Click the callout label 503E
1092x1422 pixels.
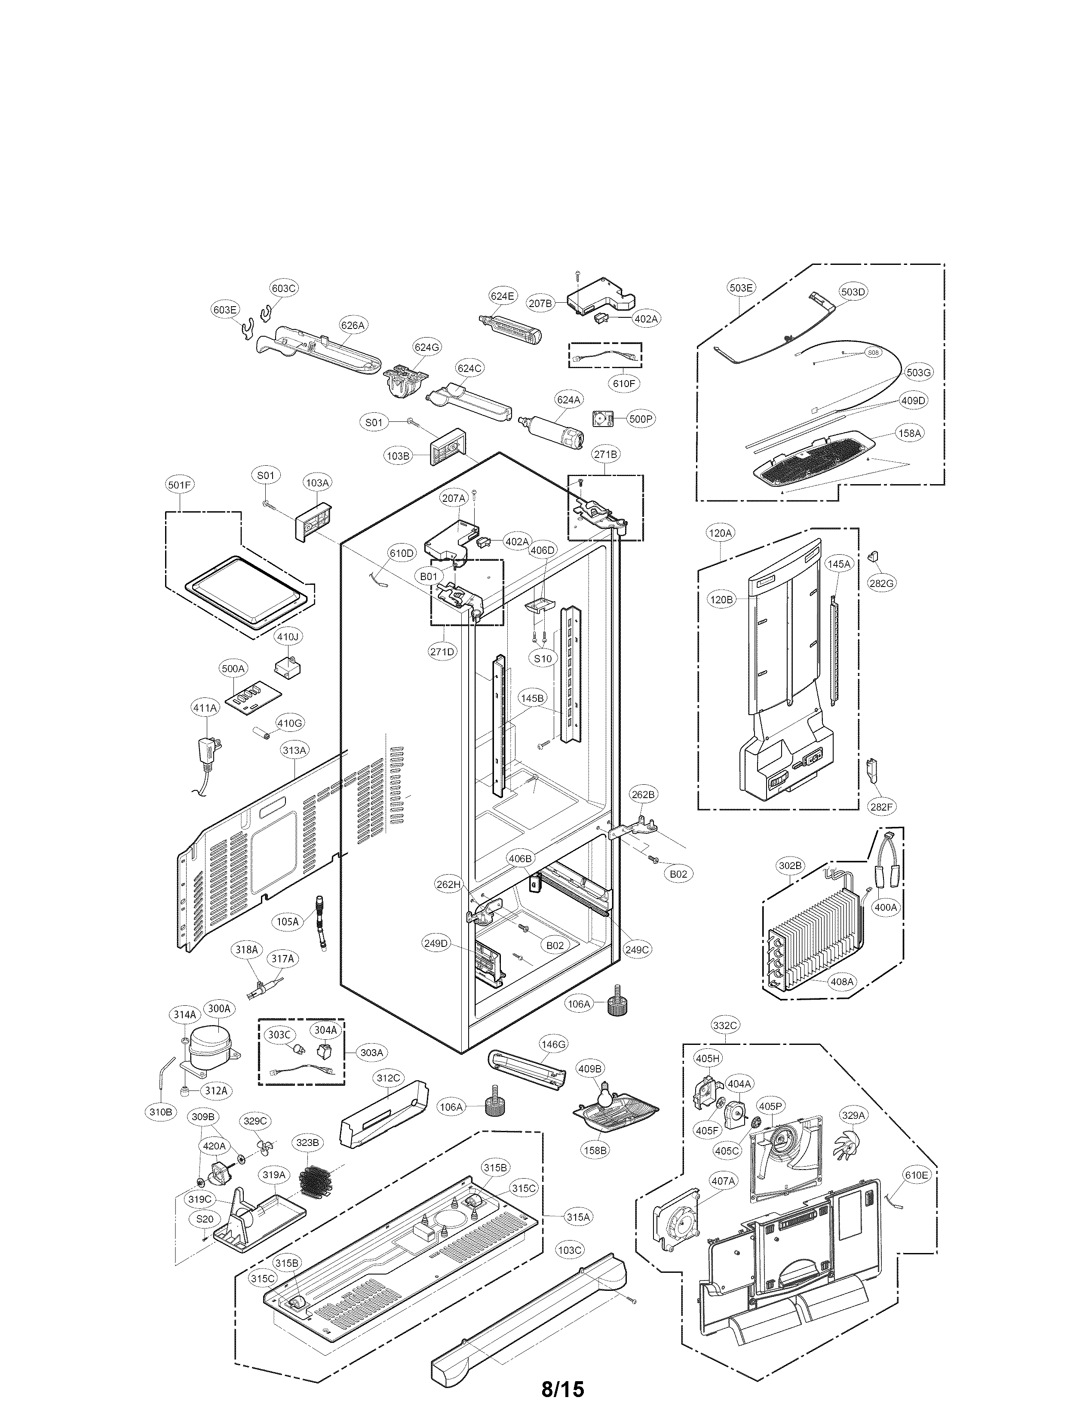(x=742, y=287)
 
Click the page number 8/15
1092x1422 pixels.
(x=563, y=1384)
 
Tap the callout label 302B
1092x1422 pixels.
(x=790, y=866)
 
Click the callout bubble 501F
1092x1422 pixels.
(x=179, y=485)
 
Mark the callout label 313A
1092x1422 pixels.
(x=294, y=749)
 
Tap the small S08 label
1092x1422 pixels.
(x=873, y=353)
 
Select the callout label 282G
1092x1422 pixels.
(x=881, y=583)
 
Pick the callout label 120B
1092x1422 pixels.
(x=721, y=600)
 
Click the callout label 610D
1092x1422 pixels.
(x=401, y=553)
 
